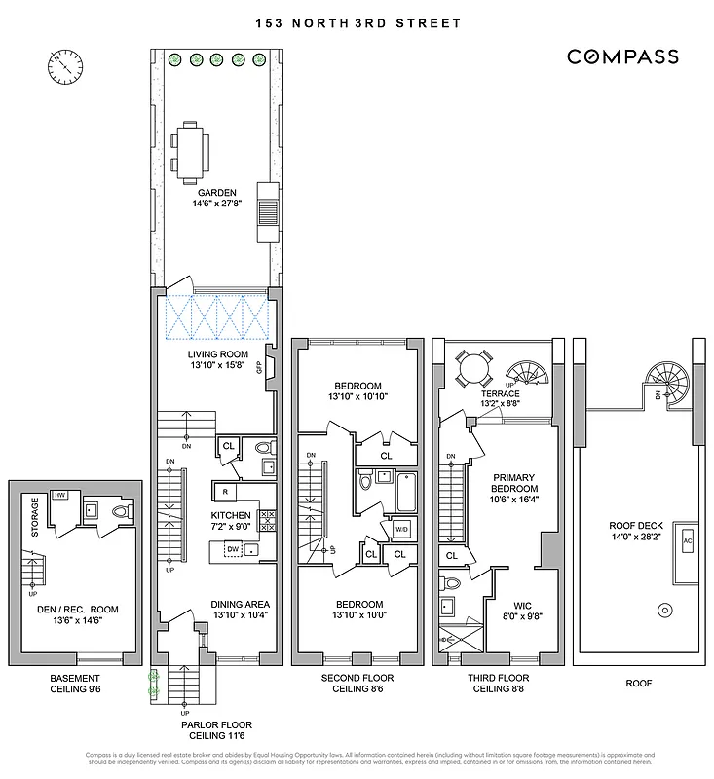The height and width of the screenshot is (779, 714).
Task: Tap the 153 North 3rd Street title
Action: [x=357, y=22]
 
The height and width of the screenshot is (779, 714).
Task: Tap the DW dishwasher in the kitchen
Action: [x=233, y=549]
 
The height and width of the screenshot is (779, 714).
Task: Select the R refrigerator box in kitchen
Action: [x=225, y=492]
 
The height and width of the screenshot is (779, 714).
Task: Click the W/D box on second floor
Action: [x=400, y=530]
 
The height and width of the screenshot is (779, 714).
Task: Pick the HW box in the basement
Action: [x=58, y=496]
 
